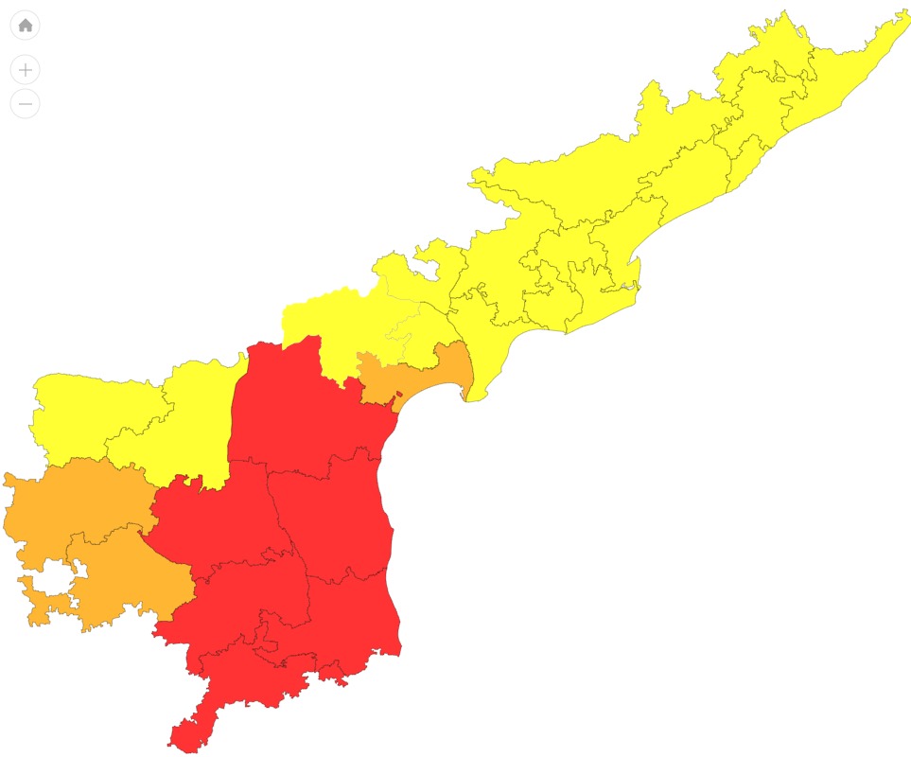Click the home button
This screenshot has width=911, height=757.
pos(26,26)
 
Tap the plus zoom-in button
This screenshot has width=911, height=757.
pos(26,70)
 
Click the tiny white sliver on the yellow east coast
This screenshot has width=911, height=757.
pos(627,286)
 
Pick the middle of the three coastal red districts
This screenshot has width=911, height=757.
pos(336,516)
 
